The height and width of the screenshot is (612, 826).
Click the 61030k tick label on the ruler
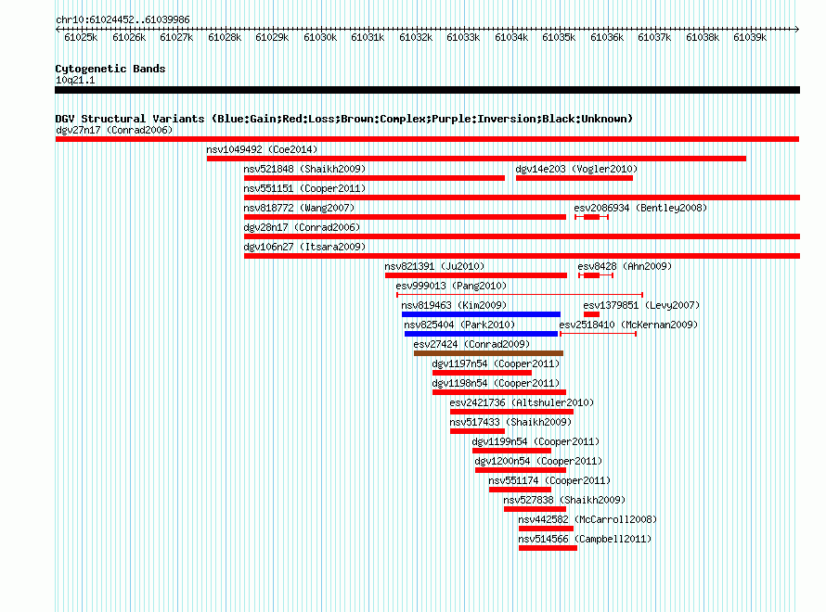(x=320, y=37)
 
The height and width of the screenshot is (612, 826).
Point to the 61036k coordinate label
(x=606, y=37)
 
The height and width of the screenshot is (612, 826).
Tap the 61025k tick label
(x=81, y=37)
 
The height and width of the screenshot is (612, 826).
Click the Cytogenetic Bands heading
(x=110, y=69)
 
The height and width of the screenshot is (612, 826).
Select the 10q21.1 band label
(x=75, y=80)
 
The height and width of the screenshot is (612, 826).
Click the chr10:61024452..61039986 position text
(x=123, y=19)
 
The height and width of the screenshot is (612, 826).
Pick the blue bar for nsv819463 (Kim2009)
(x=481, y=314)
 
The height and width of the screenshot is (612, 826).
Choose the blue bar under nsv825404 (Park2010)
(x=481, y=334)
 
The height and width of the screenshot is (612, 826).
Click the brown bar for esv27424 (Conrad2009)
(x=488, y=353)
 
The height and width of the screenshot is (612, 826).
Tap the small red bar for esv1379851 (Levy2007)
(x=591, y=314)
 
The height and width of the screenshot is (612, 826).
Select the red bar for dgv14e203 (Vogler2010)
(x=574, y=178)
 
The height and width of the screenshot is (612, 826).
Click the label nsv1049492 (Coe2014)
(x=262, y=149)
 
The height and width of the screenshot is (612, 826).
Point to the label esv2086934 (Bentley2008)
(x=640, y=208)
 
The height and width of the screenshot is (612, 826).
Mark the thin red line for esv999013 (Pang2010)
(x=520, y=295)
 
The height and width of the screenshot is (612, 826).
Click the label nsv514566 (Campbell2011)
(x=585, y=539)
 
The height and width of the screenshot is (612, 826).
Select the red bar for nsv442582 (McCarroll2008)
(x=546, y=529)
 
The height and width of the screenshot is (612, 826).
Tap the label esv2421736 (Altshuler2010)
(x=522, y=402)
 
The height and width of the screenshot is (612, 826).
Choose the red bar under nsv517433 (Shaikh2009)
(x=477, y=431)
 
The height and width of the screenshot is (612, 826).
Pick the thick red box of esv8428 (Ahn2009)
(x=591, y=275)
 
